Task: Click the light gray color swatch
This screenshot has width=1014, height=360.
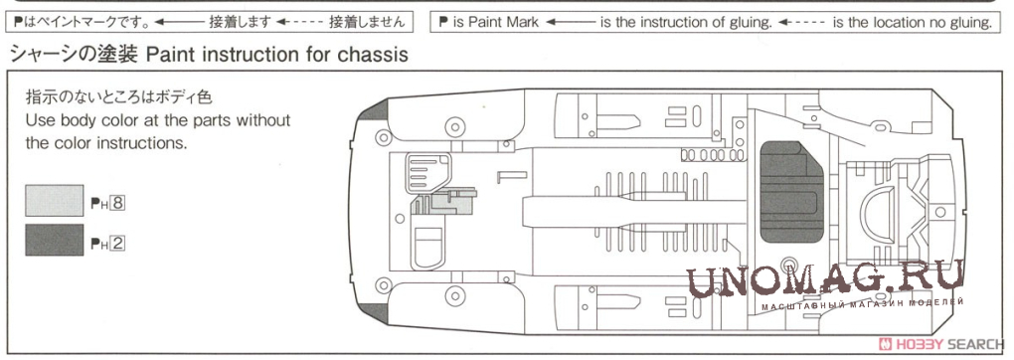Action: pos(55,200)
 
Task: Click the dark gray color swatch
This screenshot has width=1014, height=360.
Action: pos(55,240)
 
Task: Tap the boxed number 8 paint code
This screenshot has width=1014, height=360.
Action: pos(116,204)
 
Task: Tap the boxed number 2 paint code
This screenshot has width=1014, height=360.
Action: pos(116,244)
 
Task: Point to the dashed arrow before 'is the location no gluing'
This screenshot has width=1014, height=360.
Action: pos(801,23)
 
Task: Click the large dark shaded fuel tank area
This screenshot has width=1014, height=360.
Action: pos(790,192)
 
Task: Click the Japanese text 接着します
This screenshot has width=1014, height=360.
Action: pos(240,23)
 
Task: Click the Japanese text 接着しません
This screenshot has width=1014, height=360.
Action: pos(367,23)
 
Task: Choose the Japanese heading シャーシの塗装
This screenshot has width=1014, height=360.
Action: pos(74,55)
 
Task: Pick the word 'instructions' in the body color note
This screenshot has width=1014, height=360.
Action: pos(145,142)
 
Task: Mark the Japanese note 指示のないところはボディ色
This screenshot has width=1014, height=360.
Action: pos(118,98)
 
